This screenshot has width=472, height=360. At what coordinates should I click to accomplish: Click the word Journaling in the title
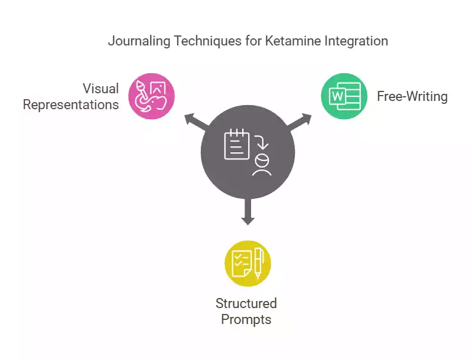pyautogui.click(x=139, y=41)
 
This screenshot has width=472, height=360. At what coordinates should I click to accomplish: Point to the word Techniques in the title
pyautogui.click(x=208, y=41)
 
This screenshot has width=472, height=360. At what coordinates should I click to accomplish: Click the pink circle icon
pyautogui.click(x=151, y=96)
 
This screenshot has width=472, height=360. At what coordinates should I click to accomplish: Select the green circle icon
pyautogui.click(x=344, y=96)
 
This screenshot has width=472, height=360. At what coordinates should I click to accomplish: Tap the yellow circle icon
pyautogui.click(x=248, y=263)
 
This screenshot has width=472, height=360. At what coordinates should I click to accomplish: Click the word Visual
pyautogui.click(x=101, y=89)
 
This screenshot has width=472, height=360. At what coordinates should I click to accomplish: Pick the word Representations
pyautogui.click(x=71, y=104)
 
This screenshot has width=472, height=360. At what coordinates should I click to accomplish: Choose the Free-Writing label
pyautogui.click(x=412, y=96)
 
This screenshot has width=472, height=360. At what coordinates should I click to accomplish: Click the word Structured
pyautogui.click(x=246, y=303)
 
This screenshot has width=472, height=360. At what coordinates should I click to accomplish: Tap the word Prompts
pyautogui.click(x=246, y=319)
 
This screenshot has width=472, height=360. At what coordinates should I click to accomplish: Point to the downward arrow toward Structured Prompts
pyautogui.click(x=248, y=211)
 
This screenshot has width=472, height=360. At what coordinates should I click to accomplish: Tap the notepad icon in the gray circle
pyautogui.click(x=237, y=144)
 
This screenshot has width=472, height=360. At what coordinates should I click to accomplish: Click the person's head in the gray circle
pyautogui.click(x=262, y=160)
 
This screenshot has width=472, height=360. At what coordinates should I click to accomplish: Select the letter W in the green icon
pyautogui.click(x=337, y=97)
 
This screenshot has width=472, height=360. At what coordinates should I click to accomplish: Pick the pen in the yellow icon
pyautogui.click(x=258, y=263)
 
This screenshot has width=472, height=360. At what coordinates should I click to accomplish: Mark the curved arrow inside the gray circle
pyautogui.click(x=262, y=142)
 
